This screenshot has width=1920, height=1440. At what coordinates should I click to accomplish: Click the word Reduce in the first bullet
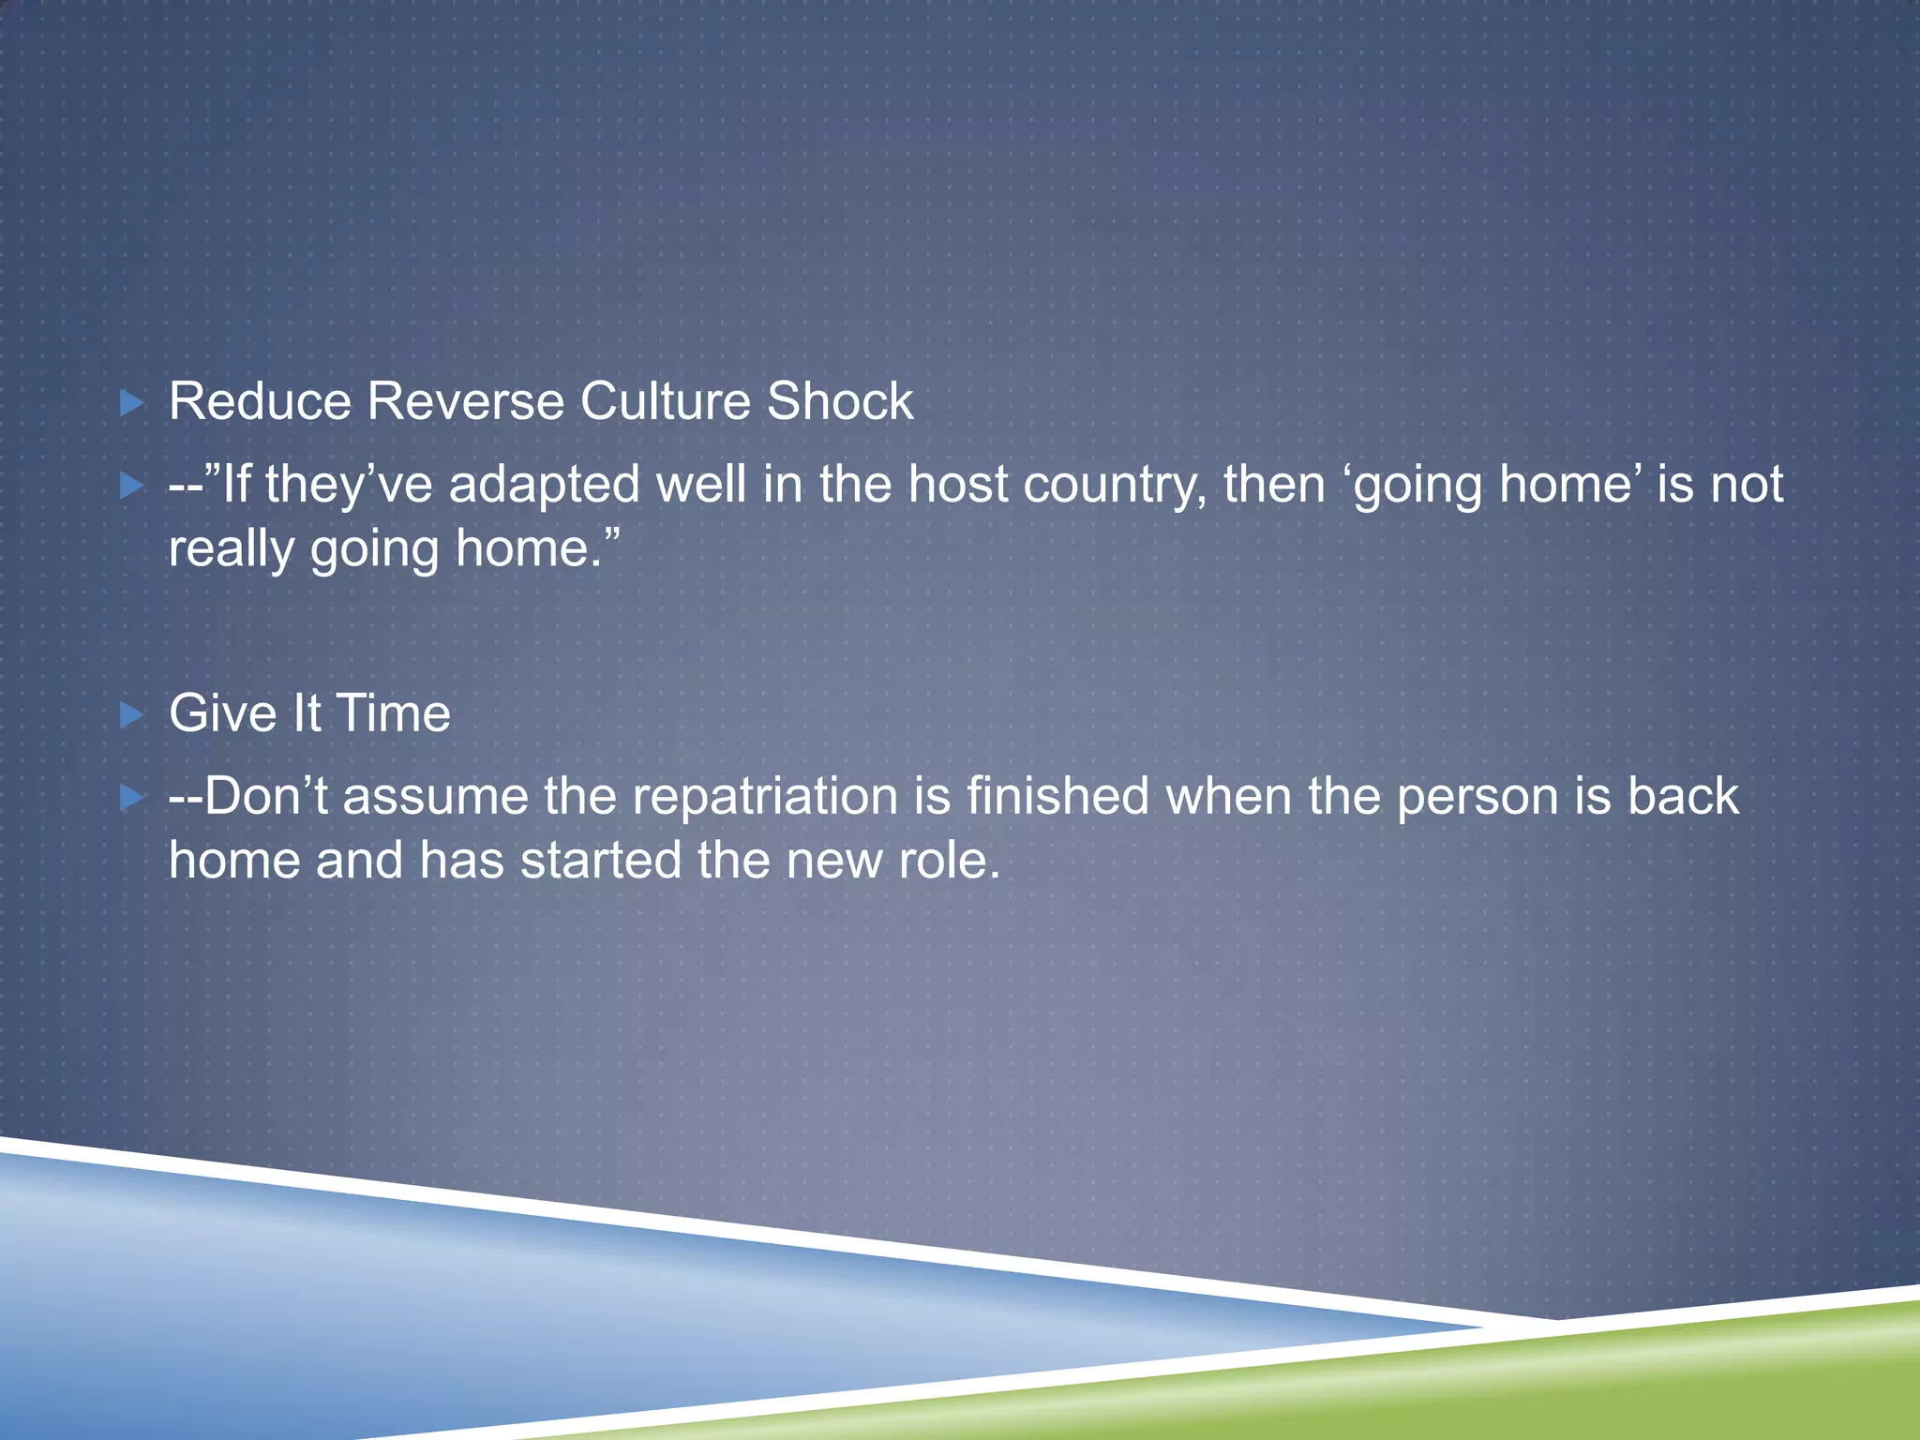point(260,402)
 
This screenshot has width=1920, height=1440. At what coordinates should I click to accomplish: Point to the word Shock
point(840,402)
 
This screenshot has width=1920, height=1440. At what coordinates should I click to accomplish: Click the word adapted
point(544,486)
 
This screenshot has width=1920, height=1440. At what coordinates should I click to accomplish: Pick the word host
point(957,486)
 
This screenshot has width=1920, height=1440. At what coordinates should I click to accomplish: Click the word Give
point(222,713)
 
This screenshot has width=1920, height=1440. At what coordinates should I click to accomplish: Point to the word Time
point(393,713)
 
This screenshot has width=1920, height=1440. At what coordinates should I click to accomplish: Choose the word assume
point(435,798)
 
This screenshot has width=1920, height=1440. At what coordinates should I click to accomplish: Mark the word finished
point(1057,797)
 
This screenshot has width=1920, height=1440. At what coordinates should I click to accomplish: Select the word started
point(600,861)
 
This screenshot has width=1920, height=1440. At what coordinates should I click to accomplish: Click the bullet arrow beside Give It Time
point(132,716)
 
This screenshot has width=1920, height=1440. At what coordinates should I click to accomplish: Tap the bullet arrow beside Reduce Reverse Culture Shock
point(132,404)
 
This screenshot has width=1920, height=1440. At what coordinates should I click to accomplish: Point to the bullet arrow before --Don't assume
point(132,799)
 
